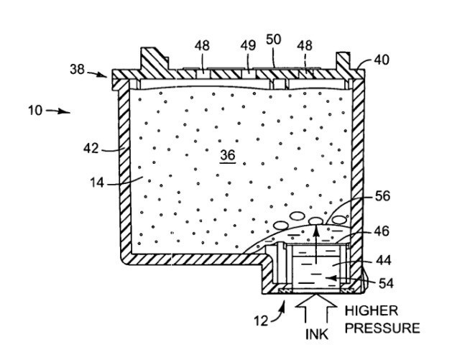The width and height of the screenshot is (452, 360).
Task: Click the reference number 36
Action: coord(228,154)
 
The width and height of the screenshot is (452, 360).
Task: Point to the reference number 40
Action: coord(381,60)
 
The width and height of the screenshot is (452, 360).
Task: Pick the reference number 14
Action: coord(98,183)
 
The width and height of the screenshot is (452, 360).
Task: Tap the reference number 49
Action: coord(247,45)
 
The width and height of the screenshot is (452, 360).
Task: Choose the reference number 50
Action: coord(274,40)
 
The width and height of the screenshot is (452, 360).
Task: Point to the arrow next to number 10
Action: coord(58,111)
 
